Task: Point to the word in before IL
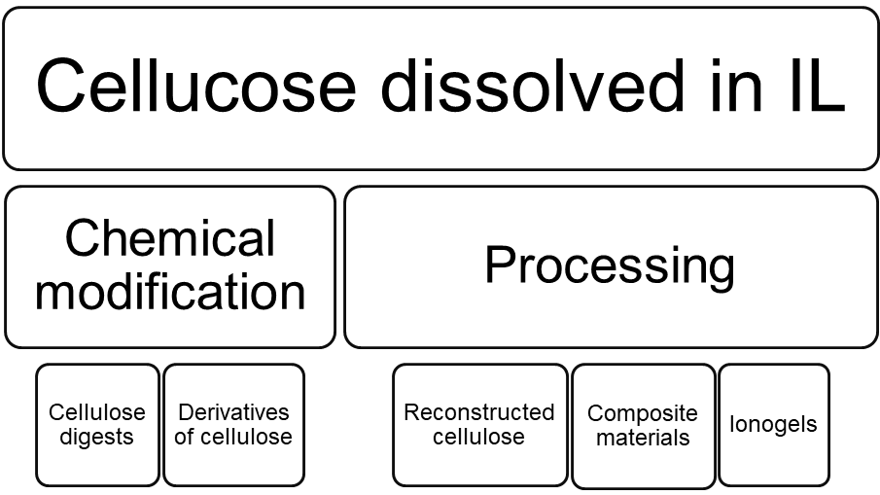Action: [737, 85]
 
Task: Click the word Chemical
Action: [170, 239]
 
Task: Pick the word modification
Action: [170, 291]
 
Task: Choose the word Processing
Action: [610, 265]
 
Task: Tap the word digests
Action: [97, 437]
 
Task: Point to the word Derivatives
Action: [233, 412]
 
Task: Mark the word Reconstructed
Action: [479, 412]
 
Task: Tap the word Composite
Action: [643, 413]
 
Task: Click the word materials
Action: [643, 438]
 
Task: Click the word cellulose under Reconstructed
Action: [479, 437]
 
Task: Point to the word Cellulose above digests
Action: [97, 412]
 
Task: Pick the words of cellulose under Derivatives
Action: [233, 437]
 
